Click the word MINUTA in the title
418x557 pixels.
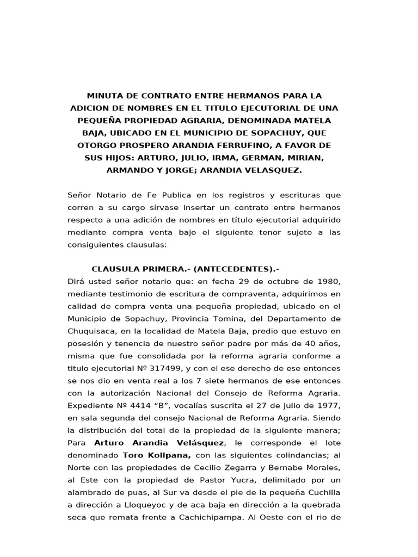tap(108, 95)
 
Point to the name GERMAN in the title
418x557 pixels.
tap(268, 158)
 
